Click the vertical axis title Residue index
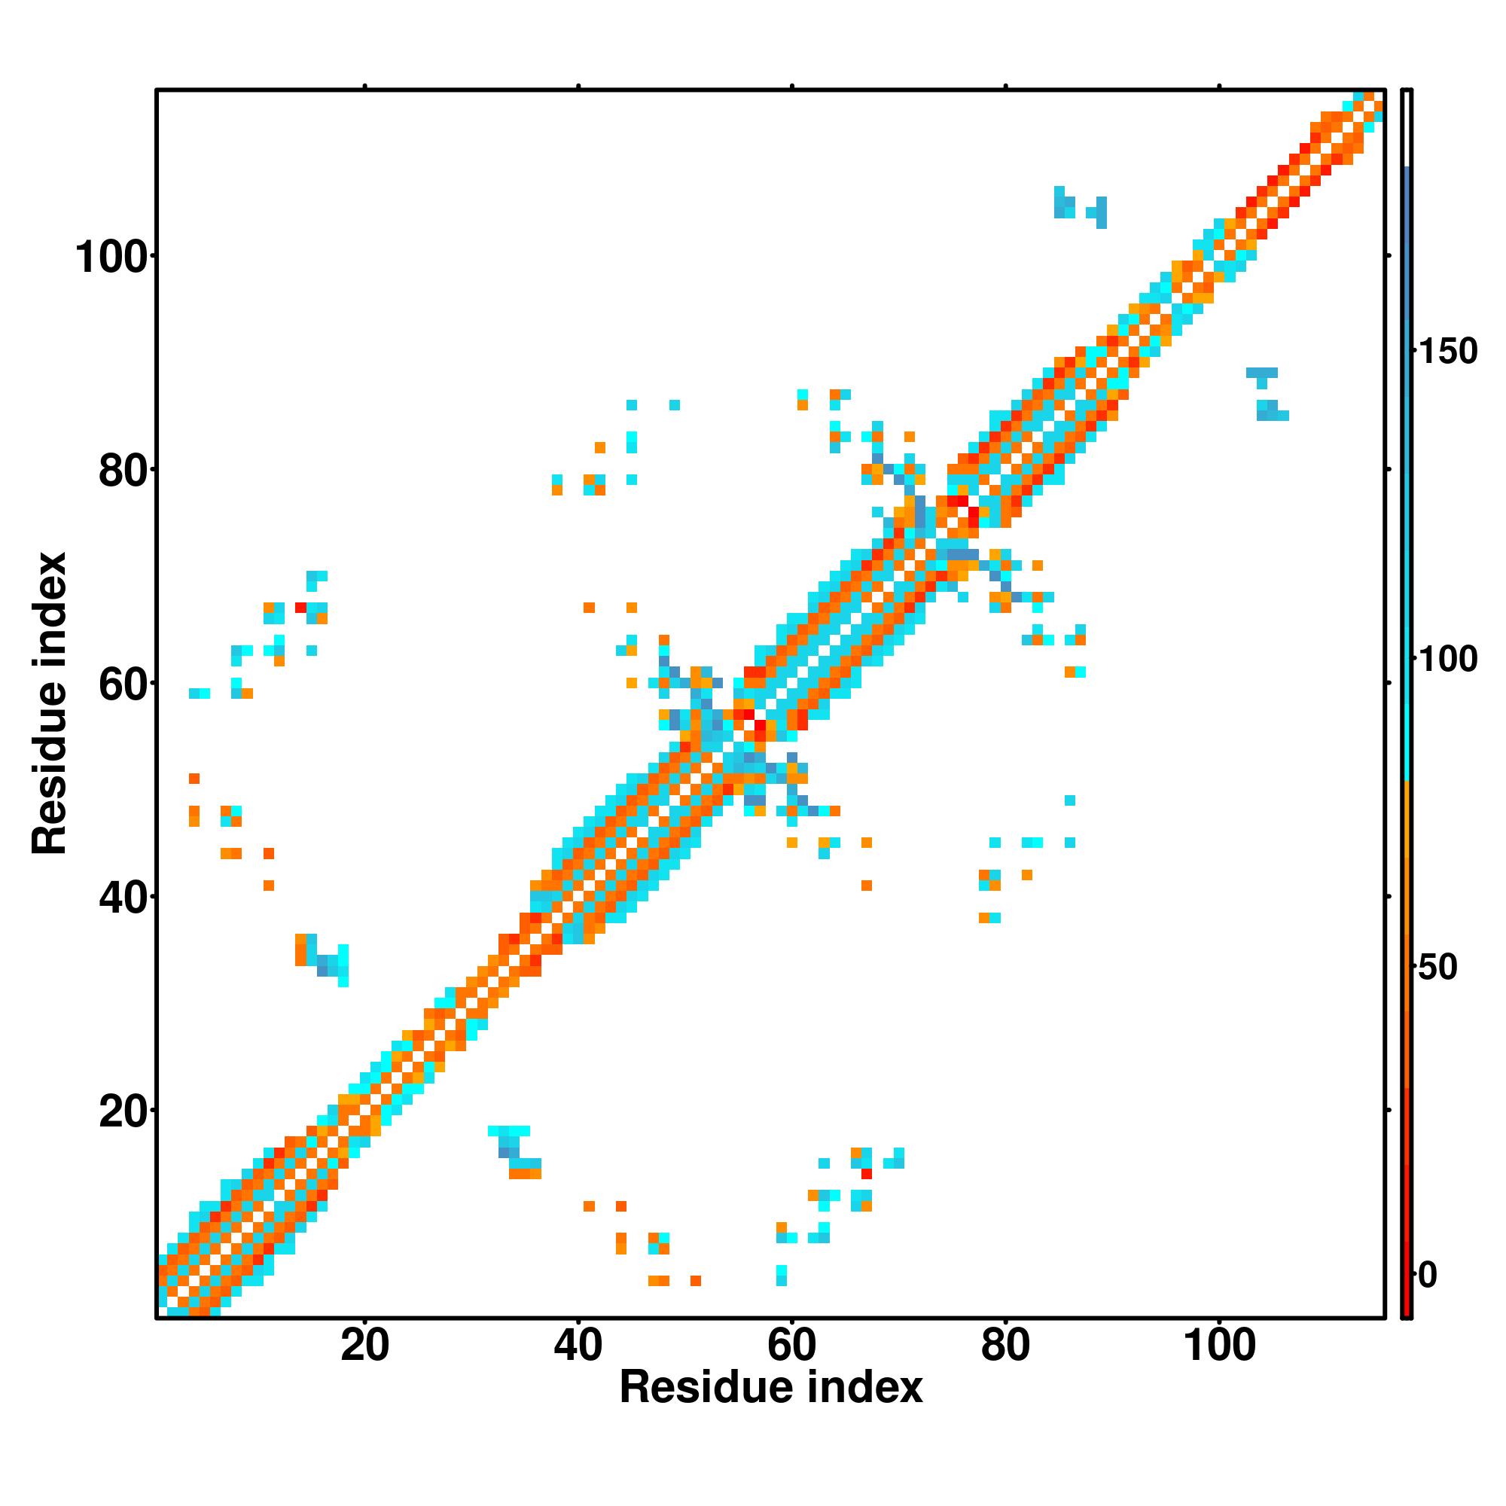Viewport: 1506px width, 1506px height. coord(50,703)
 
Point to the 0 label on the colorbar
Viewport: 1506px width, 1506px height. coord(1427,1276)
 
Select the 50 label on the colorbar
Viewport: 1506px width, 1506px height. coord(1437,968)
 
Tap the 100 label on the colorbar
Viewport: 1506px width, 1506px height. coord(1447,660)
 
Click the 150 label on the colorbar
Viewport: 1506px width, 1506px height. coord(1447,352)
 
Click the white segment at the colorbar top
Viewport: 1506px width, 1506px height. coord(1407,129)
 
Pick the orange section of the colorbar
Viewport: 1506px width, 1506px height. coord(1407,896)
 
